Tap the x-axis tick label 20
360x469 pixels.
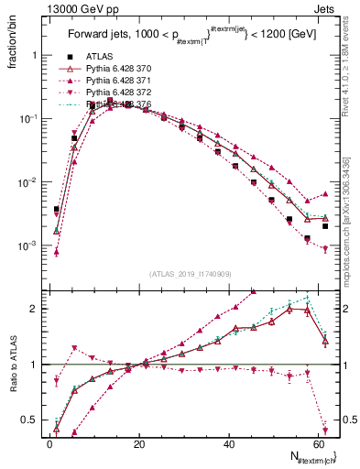pos(139,444)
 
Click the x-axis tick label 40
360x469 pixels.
pos(229,444)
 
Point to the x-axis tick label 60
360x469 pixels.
pos(318,444)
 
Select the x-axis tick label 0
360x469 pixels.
pos(50,444)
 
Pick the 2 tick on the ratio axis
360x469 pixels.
pos(36,308)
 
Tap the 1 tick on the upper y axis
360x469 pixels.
pos(36,55)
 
